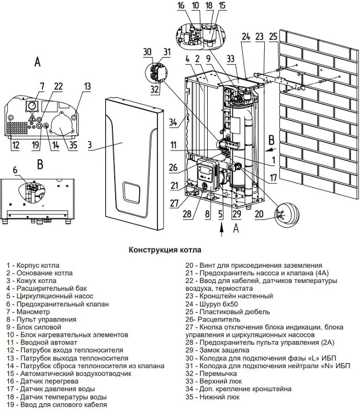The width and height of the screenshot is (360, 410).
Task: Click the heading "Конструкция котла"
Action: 165,250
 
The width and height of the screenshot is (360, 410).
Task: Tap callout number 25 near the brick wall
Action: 273,37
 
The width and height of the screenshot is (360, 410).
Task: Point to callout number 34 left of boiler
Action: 173,123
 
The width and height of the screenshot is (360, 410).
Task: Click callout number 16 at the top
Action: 181,6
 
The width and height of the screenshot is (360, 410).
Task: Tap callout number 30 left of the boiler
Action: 147,51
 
